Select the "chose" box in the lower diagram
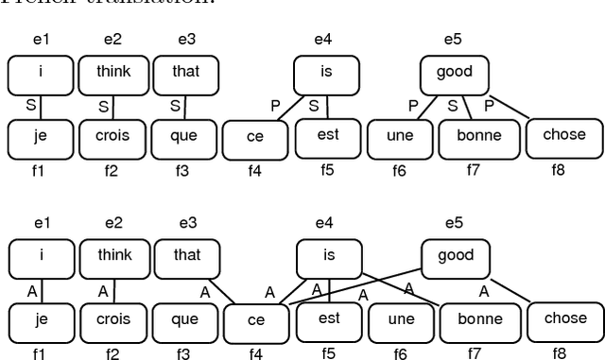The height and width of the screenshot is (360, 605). (564, 318)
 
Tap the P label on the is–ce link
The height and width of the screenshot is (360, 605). (276, 106)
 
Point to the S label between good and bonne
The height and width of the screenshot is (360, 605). (453, 106)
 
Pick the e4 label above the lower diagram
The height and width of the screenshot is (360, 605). (324, 223)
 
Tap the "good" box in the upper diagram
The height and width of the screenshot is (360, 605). (455, 72)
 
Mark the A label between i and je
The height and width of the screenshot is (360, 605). (30, 291)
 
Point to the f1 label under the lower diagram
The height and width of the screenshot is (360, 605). (40, 355)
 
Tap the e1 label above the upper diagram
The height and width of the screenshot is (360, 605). (42, 39)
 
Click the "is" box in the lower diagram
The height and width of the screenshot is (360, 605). (329, 256)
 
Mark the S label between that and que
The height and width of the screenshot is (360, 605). (176, 106)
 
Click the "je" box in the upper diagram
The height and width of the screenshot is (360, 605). (41, 137)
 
